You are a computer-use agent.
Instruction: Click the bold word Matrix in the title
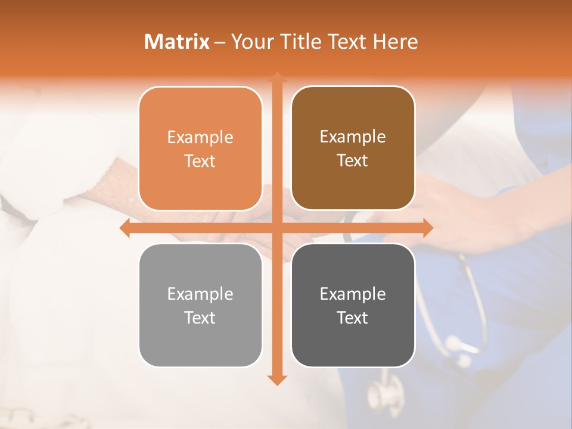point(177,42)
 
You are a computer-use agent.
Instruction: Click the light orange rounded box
point(200,149)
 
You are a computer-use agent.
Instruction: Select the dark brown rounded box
point(353,148)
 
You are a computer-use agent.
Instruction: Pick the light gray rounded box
point(200,306)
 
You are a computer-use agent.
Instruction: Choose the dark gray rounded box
point(353,306)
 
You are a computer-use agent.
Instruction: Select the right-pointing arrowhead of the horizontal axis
point(427,228)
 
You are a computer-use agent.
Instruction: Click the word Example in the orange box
point(200,138)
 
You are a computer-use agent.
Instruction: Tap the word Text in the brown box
point(353,161)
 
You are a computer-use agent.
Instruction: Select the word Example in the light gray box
point(200,294)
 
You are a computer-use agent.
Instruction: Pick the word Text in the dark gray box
point(353,318)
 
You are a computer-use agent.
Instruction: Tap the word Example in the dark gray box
point(353,294)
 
